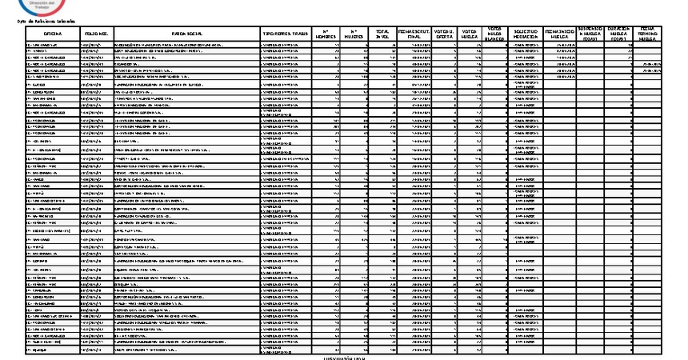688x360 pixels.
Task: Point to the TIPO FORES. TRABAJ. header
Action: pyautogui.click(x=285, y=34)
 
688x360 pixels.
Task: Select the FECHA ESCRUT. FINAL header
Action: pyautogui.click(x=415, y=34)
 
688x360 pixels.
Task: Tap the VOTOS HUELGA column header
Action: pyautogui.click(x=470, y=34)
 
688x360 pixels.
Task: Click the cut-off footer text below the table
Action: pyautogui.click(x=343, y=358)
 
